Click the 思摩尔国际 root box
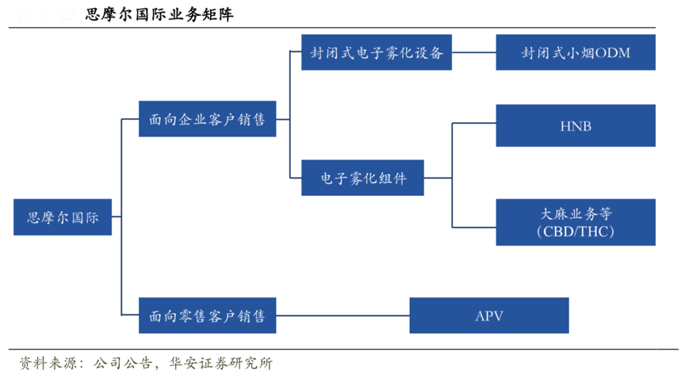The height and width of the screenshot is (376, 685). click(x=63, y=217)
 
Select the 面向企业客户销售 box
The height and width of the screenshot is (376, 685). click(x=207, y=119)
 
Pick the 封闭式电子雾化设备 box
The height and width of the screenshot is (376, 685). click(x=377, y=54)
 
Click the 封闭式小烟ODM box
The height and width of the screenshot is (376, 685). click(x=576, y=54)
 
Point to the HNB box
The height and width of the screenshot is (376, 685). click(x=576, y=125)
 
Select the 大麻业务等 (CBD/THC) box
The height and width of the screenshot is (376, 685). click(x=576, y=222)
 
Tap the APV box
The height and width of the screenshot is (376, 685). click(x=488, y=316)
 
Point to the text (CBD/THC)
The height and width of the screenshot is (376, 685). click(x=576, y=232)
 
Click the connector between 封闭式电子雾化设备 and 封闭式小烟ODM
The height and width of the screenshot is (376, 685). click(x=473, y=54)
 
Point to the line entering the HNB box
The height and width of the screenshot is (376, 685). click(x=474, y=123)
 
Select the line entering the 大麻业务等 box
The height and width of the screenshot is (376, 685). click(x=474, y=227)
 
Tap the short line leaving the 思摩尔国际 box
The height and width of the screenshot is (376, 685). click(x=116, y=217)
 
